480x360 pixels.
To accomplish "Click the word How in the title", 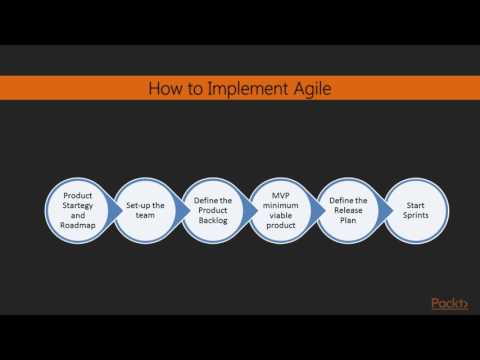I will pos(167,89).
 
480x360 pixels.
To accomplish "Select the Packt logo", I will pos(450,303).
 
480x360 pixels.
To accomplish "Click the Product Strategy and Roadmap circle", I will pos(78,211).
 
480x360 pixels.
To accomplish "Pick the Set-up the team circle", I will pos(144,211).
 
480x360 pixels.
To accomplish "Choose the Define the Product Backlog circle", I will pos(212,211).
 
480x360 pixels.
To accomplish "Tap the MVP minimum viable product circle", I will pos(280,211).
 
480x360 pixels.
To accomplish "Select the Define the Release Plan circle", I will pos(348,211).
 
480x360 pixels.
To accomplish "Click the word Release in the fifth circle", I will pos(348,211).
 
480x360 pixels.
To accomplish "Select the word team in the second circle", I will pos(144,218).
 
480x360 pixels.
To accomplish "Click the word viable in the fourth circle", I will pos(280,218).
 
